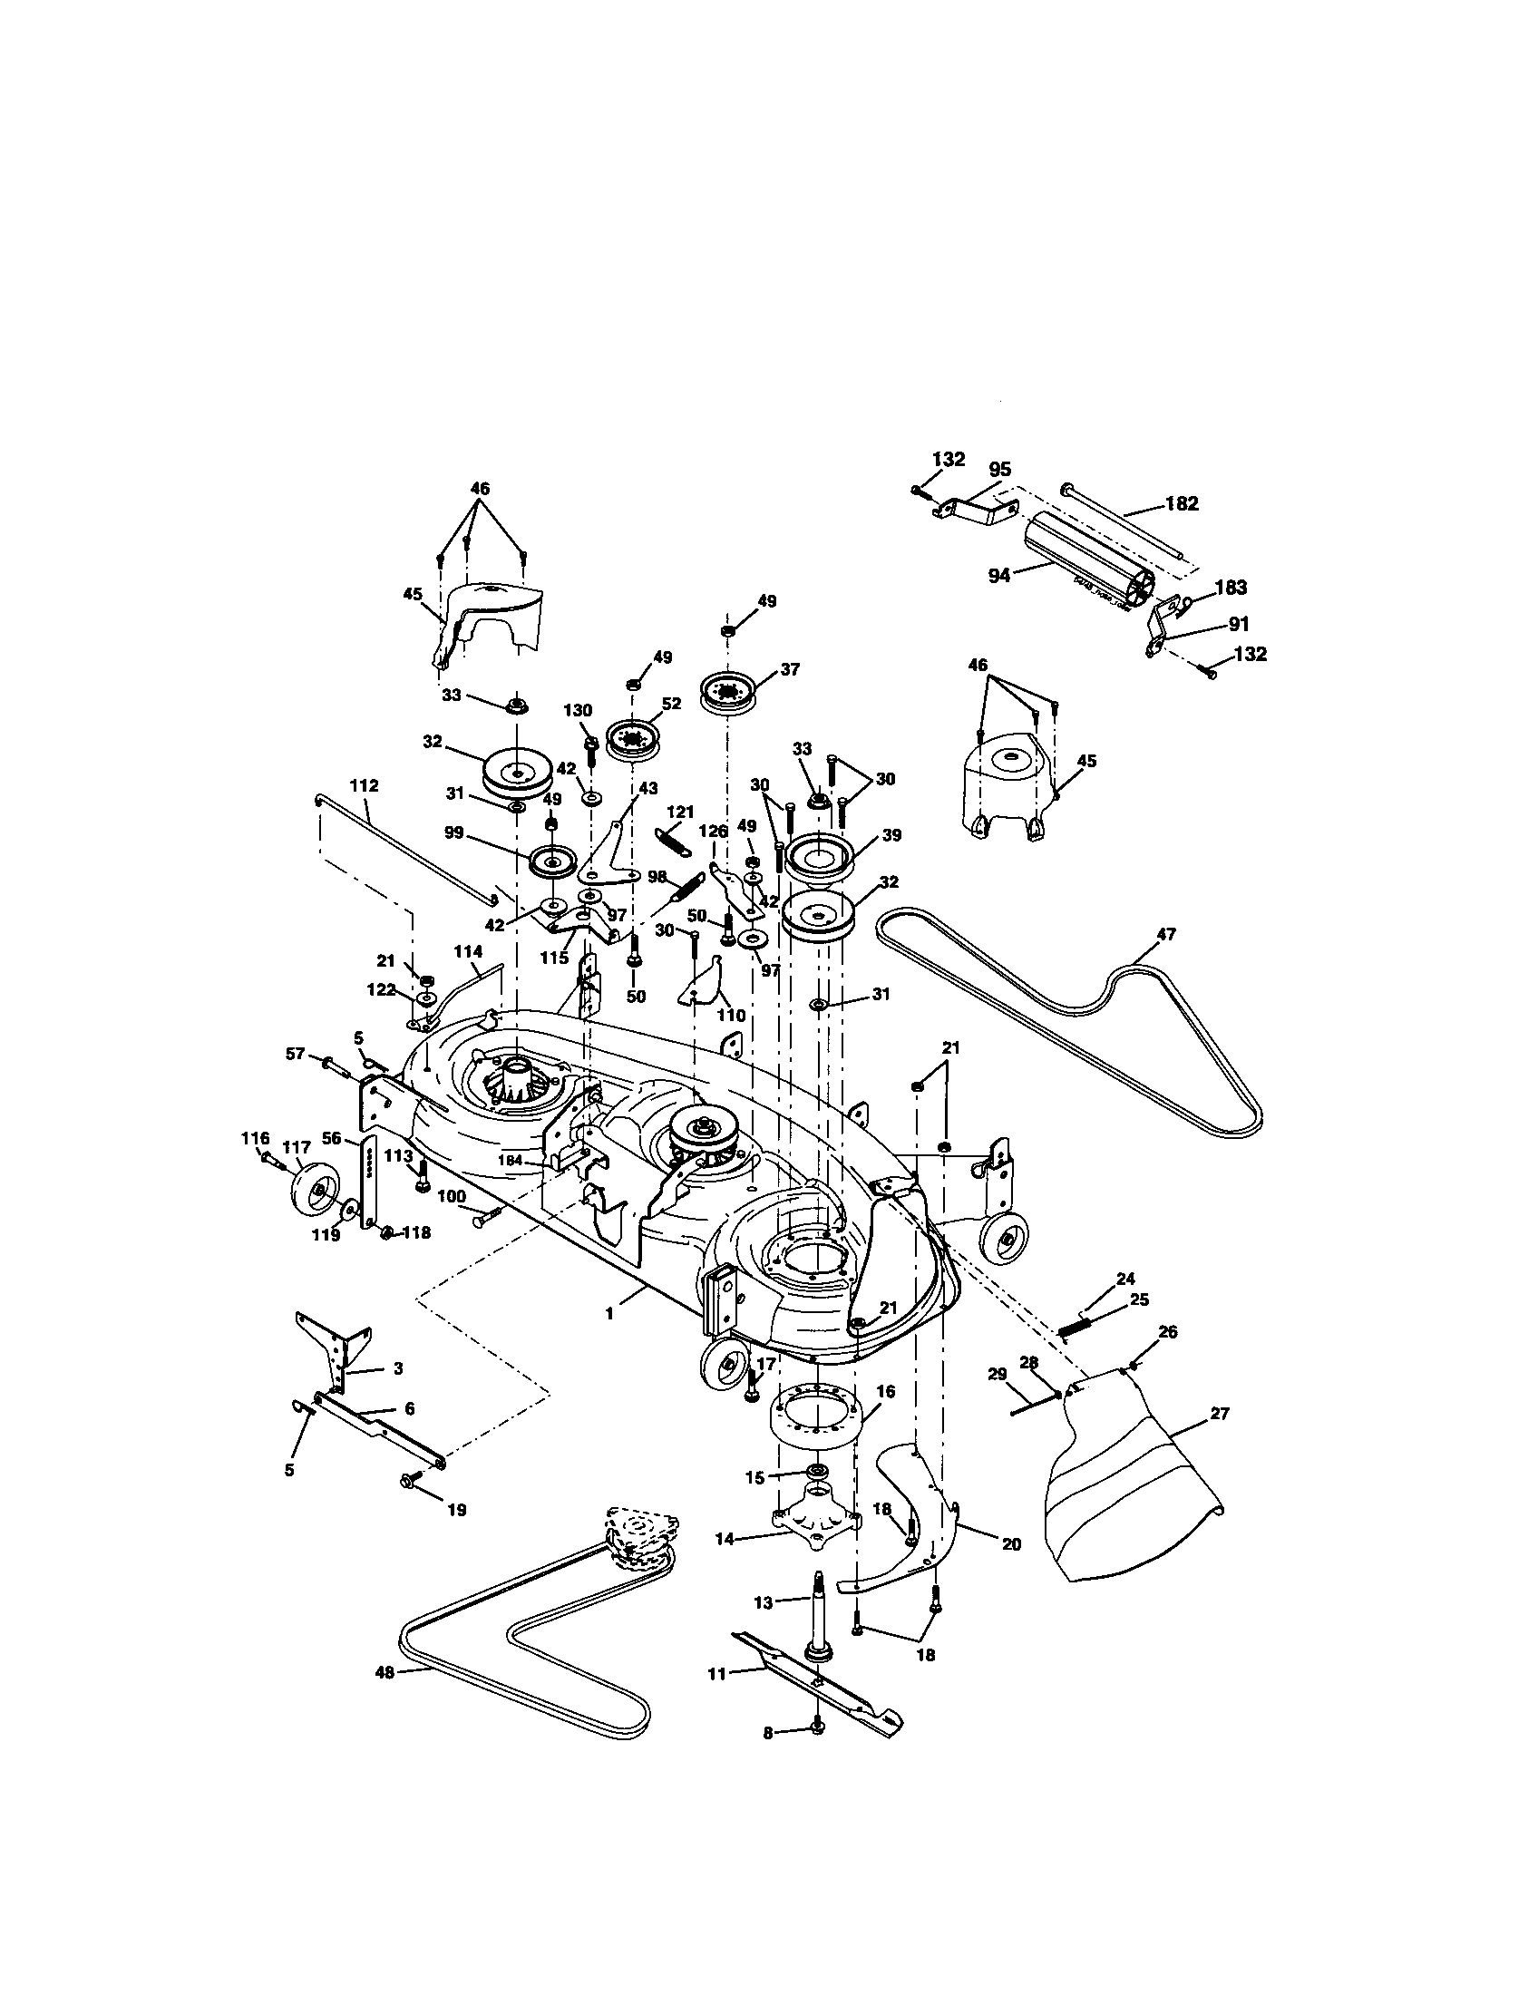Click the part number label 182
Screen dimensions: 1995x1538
1182,503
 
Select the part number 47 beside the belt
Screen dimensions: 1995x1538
1166,933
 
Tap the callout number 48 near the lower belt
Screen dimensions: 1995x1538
384,1672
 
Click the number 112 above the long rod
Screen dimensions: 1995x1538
364,785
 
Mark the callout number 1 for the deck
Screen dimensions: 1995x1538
609,1312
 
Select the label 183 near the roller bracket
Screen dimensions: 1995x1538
1231,588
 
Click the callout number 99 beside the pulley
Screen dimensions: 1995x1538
481,833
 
